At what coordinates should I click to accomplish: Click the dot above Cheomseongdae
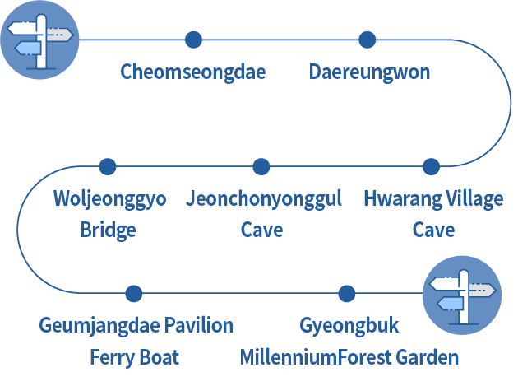pos(193,40)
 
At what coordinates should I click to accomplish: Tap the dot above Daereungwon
pos(368,40)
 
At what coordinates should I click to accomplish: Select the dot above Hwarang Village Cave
pos(431,167)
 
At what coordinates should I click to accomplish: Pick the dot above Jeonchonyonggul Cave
pos(261,167)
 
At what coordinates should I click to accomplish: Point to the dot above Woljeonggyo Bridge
pos(108,167)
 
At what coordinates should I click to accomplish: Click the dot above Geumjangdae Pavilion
pos(134,294)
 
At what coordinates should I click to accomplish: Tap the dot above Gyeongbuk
pos(347,294)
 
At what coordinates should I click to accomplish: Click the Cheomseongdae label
pos(193,72)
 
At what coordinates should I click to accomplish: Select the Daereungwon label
pos(369,72)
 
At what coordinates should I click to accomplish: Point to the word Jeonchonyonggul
pos(264,199)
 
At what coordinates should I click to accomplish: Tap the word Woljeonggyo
pos(109,199)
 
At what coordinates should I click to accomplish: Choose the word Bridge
pos(108,230)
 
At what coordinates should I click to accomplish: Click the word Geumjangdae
pos(99,325)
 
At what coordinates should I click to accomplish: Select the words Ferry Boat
pos(134,357)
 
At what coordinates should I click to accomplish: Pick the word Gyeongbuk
pos(349,325)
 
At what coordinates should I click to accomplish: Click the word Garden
pos(427,357)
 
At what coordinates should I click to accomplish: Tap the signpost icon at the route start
pos(39,40)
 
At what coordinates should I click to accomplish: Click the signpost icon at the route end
pos(461,294)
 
